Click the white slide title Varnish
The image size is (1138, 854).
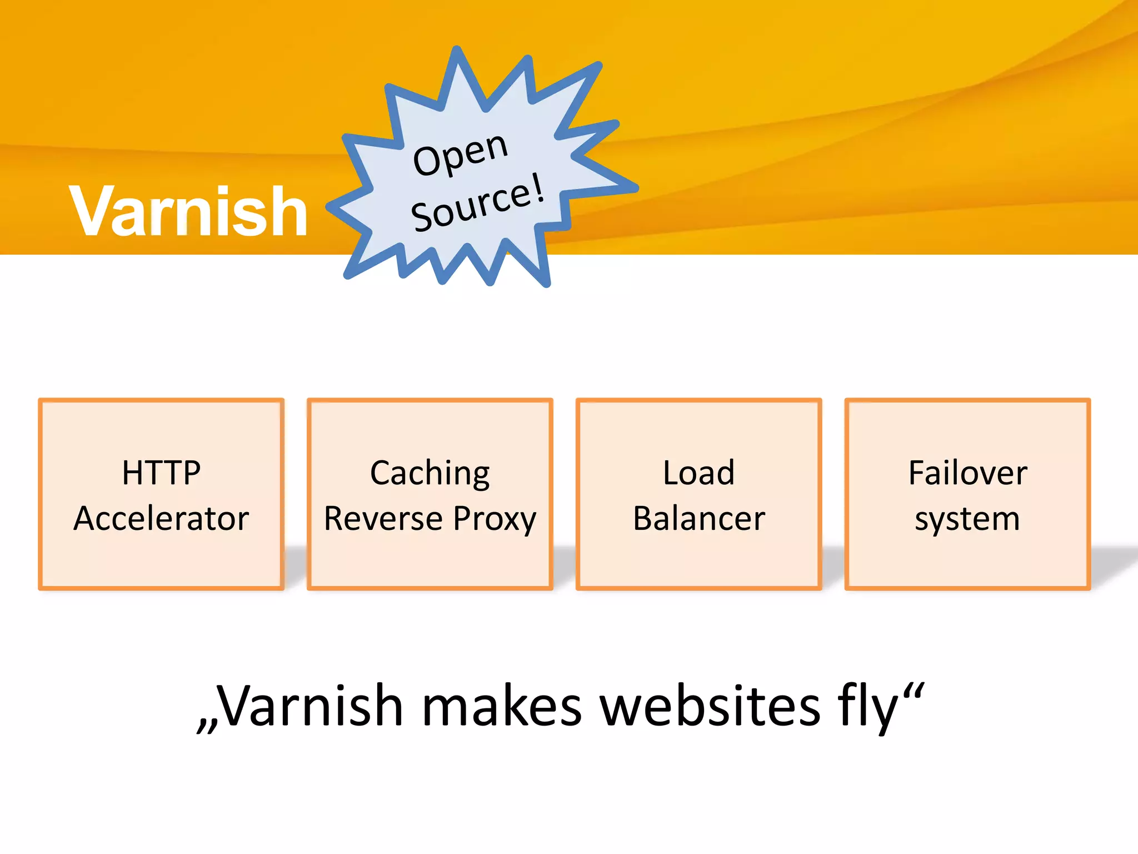coord(188,211)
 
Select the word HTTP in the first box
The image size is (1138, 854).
coord(161,473)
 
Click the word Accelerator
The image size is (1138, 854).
coord(161,519)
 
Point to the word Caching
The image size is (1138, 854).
coord(430,474)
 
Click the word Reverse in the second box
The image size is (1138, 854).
coord(383,519)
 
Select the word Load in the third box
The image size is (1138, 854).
coord(698,473)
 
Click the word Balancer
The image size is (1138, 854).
coord(699,519)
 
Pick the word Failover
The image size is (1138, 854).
coord(967,473)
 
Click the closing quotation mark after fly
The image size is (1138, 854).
coord(914,692)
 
